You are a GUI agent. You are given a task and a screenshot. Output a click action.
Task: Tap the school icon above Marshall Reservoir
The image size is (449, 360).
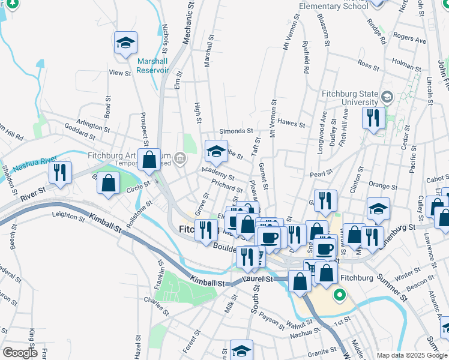[x=126, y=43]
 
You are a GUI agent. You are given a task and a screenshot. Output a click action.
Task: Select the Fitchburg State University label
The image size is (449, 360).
[x=350, y=97]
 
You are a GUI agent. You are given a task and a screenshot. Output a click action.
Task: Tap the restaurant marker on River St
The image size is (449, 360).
[x=60, y=173]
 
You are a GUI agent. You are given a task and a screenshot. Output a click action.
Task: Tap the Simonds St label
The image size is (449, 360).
[x=236, y=131]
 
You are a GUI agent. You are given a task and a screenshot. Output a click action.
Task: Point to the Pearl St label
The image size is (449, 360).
[x=321, y=173]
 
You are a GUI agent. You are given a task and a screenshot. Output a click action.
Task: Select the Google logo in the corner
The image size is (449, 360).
[x=19, y=353]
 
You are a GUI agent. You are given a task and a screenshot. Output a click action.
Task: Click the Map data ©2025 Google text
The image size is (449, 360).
[x=411, y=355]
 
